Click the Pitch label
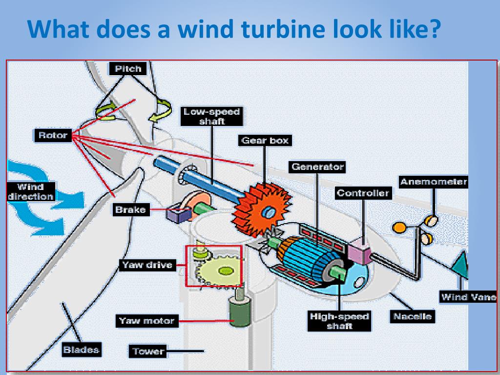click(128, 69)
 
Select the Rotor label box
click(52, 135)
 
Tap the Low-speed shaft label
click(212, 116)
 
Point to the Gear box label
click(265, 141)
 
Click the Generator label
click(318, 167)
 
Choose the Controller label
click(363, 193)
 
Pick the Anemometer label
click(433, 182)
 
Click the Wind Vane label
click(469, 296)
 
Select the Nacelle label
click(413, 316)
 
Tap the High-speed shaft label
click(339, 321)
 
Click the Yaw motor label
click(146, 321)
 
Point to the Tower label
click(147, 351)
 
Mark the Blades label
click(82, 350)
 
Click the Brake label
click(130, 210)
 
